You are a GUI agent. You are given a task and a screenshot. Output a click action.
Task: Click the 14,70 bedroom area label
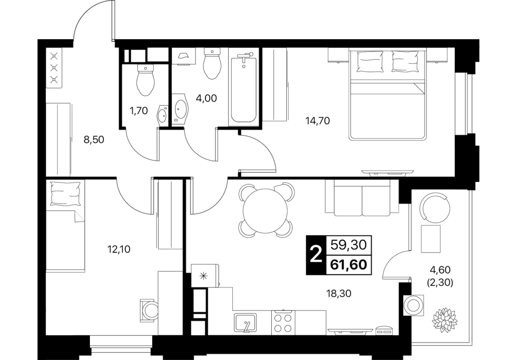coord(318,121)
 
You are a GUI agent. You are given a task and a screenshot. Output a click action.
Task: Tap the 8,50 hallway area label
coord(94,140)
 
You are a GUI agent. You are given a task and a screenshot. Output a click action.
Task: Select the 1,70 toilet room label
coord(138,111)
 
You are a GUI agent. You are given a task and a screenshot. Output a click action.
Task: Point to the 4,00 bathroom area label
coord(206,98)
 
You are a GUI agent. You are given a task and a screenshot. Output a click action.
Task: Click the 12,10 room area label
coord(119,249)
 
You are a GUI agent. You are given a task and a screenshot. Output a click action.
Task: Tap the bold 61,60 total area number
coord(349,265)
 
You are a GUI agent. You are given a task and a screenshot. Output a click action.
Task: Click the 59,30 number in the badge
coord(349,245)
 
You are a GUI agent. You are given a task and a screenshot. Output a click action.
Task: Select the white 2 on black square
coord(316,255)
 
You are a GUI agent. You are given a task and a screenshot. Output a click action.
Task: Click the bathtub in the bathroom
coord(244,89)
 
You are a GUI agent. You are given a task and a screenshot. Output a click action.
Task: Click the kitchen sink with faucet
coord(246,322)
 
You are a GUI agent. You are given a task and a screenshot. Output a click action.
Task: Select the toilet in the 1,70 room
coord(145,80)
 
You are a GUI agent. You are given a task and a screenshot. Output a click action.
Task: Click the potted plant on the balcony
coord(444,318)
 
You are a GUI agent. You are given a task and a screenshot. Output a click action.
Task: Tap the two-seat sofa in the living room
coord(362,197)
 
